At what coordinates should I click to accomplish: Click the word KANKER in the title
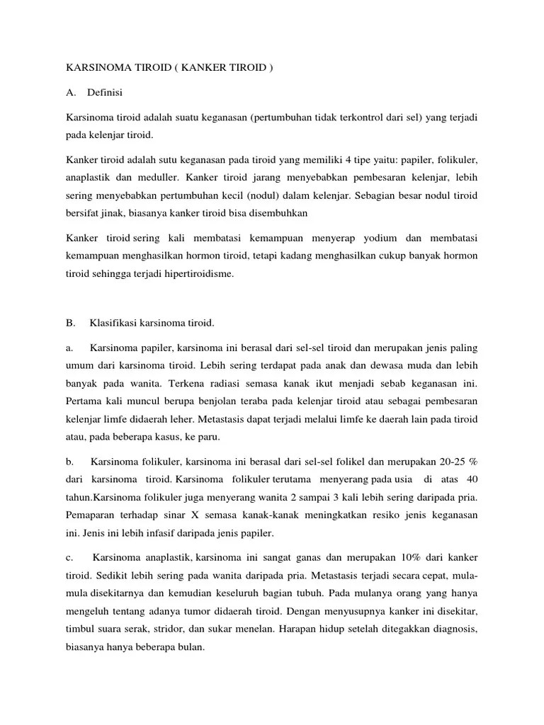(x=191, y=68)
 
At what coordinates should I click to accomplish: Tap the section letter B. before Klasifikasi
(x=69, y=323)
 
